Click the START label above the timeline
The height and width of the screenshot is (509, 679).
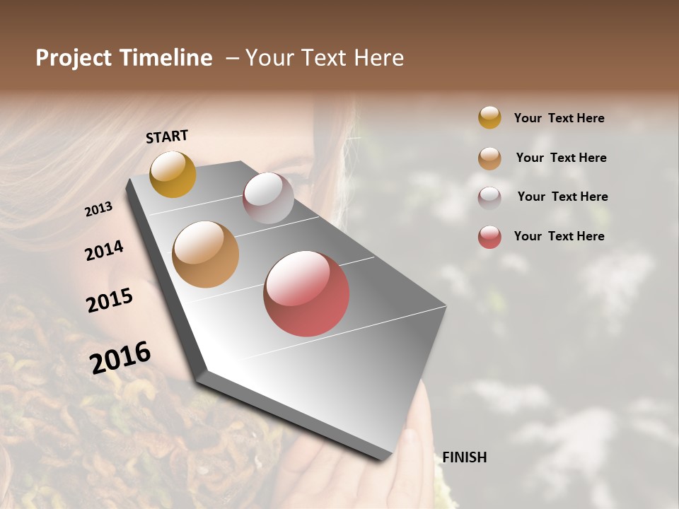(x=167, y=136)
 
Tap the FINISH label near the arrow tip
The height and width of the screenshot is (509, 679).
(x=464, y=457)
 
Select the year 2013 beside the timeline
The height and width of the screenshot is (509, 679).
(x=98, y=209)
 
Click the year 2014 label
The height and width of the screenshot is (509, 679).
(x=104, y=250)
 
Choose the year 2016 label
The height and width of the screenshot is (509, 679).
(x=120, y=357)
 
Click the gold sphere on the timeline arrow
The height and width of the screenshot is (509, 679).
(x=173, y=174)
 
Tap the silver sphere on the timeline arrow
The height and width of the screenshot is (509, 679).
(x=268, y=198)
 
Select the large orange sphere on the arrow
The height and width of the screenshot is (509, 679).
(x=206, y=255)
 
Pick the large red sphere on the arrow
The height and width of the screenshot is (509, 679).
(x=306, y=293)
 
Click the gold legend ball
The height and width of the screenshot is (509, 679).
(x=489, y=118)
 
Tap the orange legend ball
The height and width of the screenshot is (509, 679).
(x=489, y=158)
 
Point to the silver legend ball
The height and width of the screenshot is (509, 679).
(x=489, y=198)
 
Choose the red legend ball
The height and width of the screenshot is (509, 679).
(x=489, y=238)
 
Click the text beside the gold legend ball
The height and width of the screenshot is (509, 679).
(x=559, y=118)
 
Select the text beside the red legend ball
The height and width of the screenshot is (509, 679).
(x=559, y=236)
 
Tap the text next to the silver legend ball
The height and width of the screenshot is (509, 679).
(x=562, y=197)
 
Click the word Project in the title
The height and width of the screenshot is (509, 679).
(x=74, y=58)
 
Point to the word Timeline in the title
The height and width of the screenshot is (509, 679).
(x=166, y=58)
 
